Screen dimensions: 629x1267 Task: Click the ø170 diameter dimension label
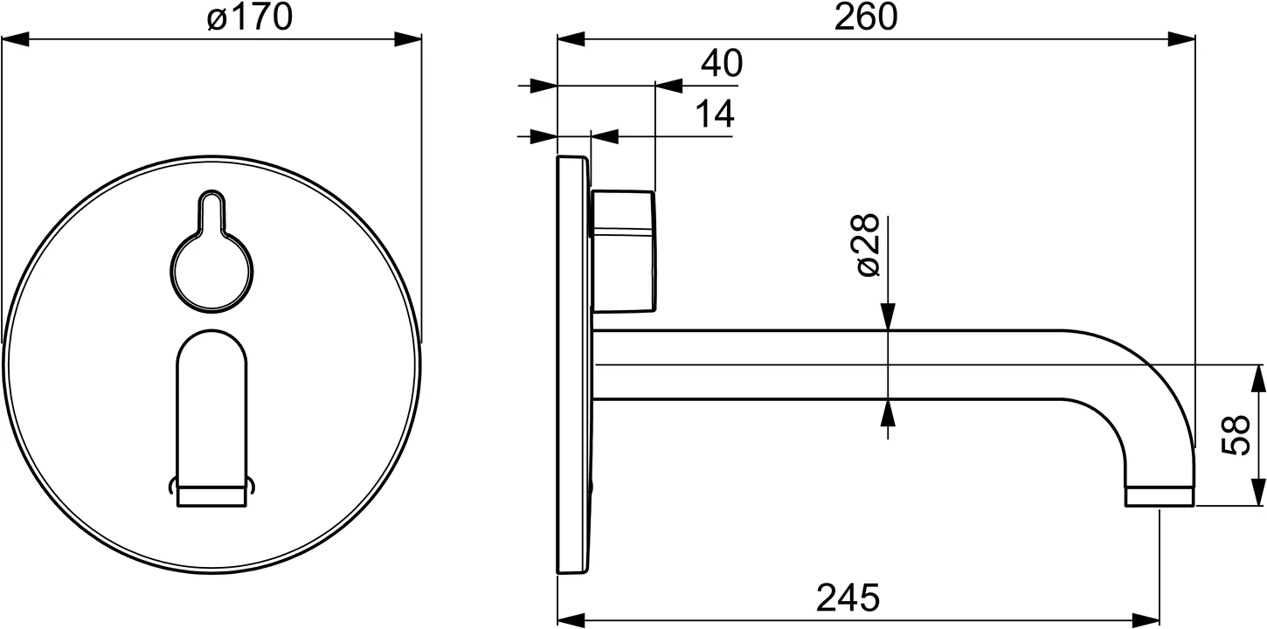coord(250,17)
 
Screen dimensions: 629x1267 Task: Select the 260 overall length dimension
coord(865,17)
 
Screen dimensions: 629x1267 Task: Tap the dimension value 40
coord(721,64)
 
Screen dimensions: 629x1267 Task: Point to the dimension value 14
coord(714,114)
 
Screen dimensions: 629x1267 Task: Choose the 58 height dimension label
coord(1235,435)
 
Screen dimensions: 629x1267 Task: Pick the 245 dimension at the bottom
coord(848,598)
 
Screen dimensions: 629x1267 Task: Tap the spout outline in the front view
coord(212,402)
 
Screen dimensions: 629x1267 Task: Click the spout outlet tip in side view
coord(1159,496)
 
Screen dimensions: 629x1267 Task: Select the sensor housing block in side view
coord(624,251)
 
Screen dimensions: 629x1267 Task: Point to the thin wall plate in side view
coord(573,367)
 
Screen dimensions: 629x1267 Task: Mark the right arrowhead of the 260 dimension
coord(1182,39)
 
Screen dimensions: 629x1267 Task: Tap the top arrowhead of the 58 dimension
coord(1258,377)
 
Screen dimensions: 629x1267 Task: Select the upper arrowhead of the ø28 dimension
coord(888,316)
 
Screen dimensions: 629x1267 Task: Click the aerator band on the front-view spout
coord(212,497)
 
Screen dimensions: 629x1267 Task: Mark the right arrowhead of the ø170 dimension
coord(408,39)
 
